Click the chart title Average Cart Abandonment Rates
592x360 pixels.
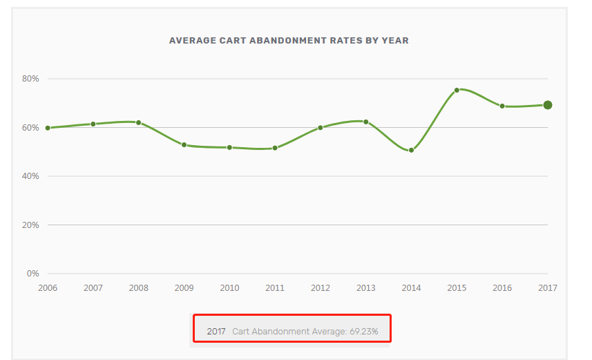click(x=289, y=41)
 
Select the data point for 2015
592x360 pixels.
click(x=457, y=90)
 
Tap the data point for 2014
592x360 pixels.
click(x=411, y=150)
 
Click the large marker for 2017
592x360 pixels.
click(x=547, y=105)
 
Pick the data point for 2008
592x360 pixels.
click(x=138, y=122)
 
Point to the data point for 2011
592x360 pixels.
click(x=275, y=148)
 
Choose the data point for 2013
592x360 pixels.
click(x=365, y=122)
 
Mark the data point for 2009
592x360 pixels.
click(x=184, y=144)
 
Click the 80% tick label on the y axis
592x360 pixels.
click(x=30, y=79)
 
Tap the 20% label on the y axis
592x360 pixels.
click(x=30, y=225)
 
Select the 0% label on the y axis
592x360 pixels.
click(x=32, y=274)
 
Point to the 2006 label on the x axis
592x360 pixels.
click(x=48, y=287)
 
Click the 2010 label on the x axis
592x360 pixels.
click(x=229, y=287)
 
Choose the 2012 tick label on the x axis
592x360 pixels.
click(x=321, y=287)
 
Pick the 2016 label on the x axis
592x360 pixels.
click(x=502, y=287)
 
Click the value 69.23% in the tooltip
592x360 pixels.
click(x=364, y=332)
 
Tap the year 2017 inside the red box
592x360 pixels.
click(x=216, y=332)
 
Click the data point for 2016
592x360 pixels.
click(x=502, y=106)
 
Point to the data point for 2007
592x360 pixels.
click(x=93, y=124)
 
